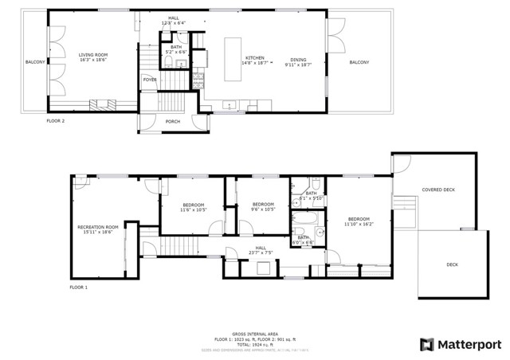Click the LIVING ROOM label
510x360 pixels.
coord(92,55)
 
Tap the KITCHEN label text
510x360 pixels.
coord(254,59)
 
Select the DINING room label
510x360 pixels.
coord(299,59)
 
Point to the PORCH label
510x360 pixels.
coord(172,121)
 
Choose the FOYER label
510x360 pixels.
coord(150,80)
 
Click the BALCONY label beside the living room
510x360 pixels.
coord(35,61)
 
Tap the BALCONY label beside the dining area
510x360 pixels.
coord(359,61)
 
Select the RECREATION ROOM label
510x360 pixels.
coord(97,228)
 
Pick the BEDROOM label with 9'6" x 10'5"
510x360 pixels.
coord(263,205)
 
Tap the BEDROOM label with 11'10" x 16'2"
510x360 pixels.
coord(359,219)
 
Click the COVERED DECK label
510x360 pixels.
coord(437,190)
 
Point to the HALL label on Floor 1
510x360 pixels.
coord(261,248)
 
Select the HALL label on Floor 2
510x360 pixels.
coord(173,18)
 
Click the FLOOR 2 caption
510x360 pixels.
coord(54,121)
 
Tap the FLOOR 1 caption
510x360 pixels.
coord(78,287)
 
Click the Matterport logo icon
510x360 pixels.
coord(426,344)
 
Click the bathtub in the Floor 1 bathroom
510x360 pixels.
coord(304,221)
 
